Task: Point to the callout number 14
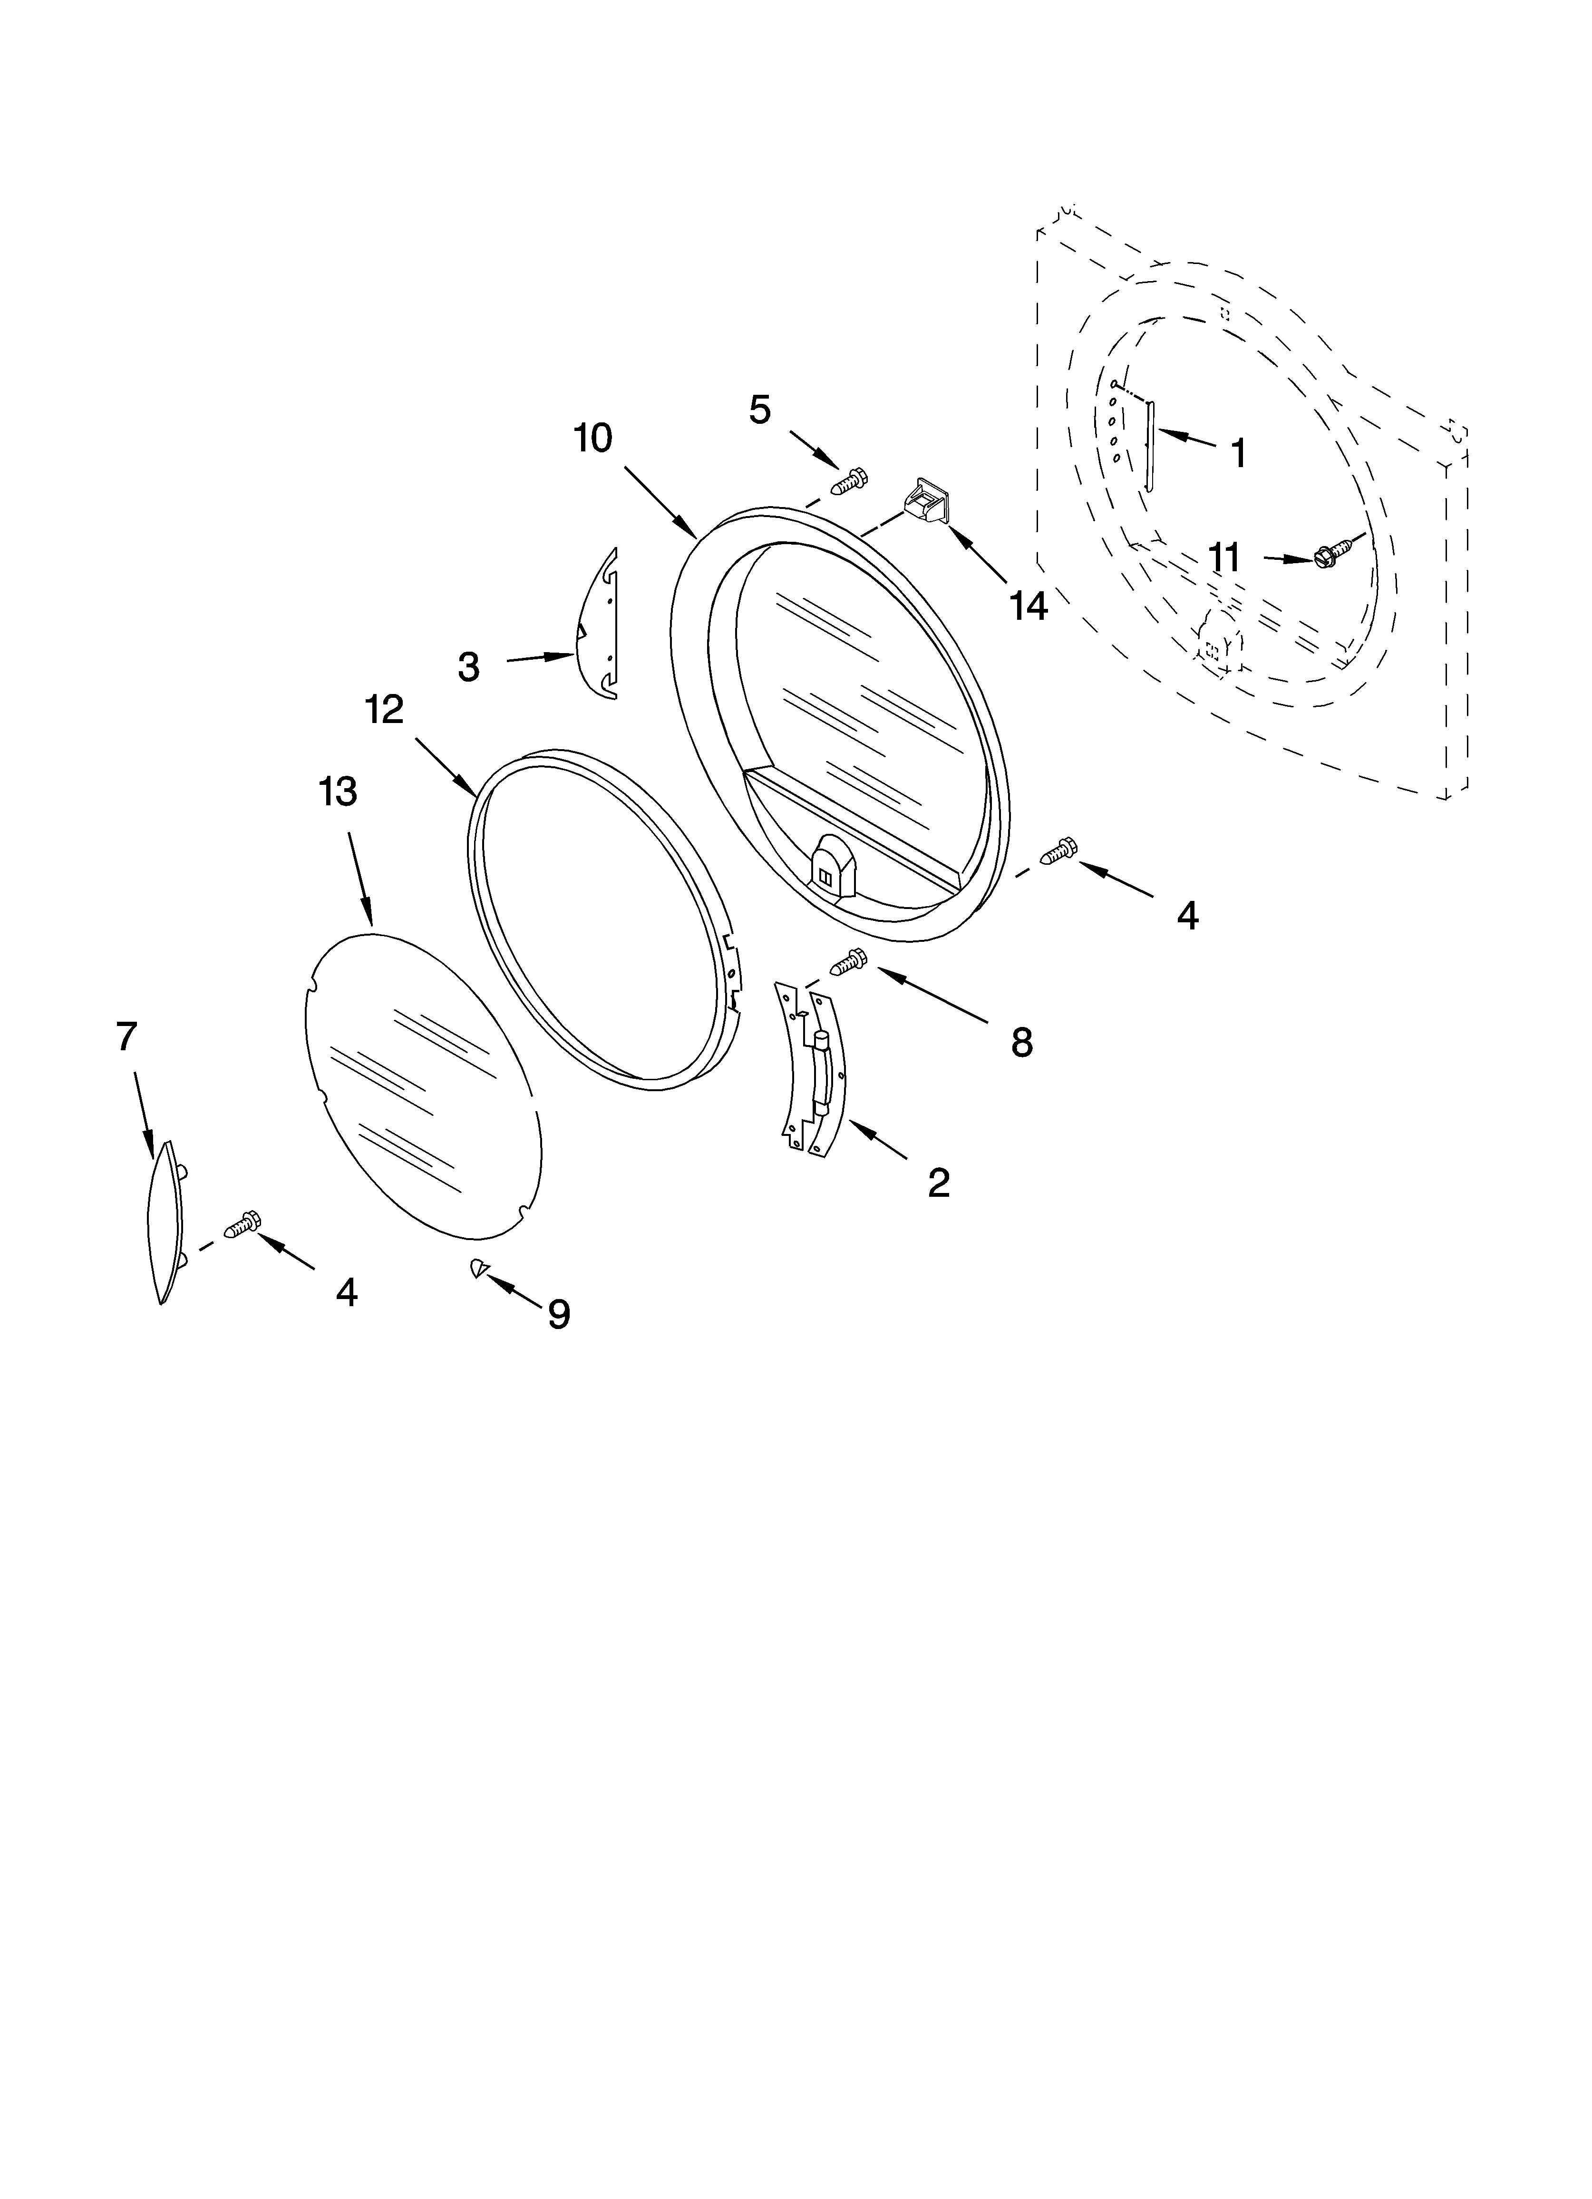coord(1028,607)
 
